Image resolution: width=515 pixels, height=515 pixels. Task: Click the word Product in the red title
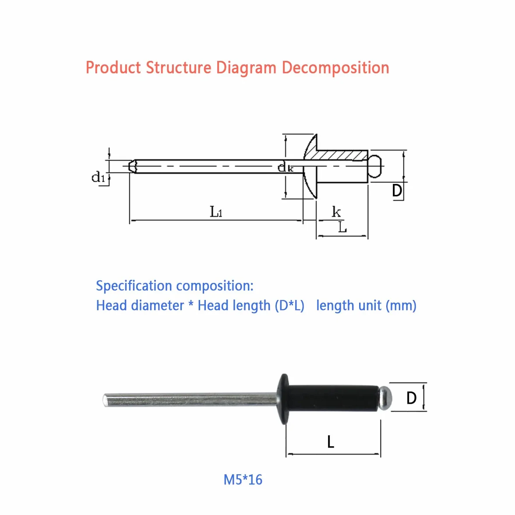point(113,67)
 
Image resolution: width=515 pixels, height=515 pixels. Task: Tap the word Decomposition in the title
point(335,68)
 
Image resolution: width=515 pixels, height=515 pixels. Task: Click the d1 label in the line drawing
point(98,177)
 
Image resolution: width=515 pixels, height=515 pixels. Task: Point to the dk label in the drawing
point(286,167)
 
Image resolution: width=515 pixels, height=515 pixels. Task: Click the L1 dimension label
point(216,212)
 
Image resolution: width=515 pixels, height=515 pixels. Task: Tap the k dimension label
point(336,212)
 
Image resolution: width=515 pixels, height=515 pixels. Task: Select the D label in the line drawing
point(397,190)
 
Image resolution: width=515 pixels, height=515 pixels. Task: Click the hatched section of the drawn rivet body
point(342,155)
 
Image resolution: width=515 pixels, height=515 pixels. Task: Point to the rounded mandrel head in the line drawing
point(375,166)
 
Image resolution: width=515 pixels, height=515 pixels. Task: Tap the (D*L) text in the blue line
point(289,306)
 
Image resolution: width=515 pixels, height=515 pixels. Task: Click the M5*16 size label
point(243,480)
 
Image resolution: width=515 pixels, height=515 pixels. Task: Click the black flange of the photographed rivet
point(283,399)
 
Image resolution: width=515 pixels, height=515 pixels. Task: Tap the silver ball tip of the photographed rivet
point(385,398)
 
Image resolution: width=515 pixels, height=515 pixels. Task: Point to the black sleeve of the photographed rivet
point(333,398)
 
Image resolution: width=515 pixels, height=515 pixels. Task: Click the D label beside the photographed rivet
point(411,398)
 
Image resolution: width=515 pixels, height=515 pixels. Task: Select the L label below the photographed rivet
point(331,442)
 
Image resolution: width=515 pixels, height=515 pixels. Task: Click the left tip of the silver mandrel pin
point(104,400)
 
